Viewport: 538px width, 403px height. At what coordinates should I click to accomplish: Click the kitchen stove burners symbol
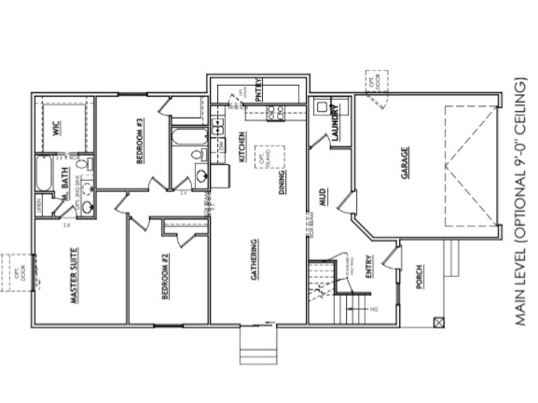[x=276, y=114]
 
